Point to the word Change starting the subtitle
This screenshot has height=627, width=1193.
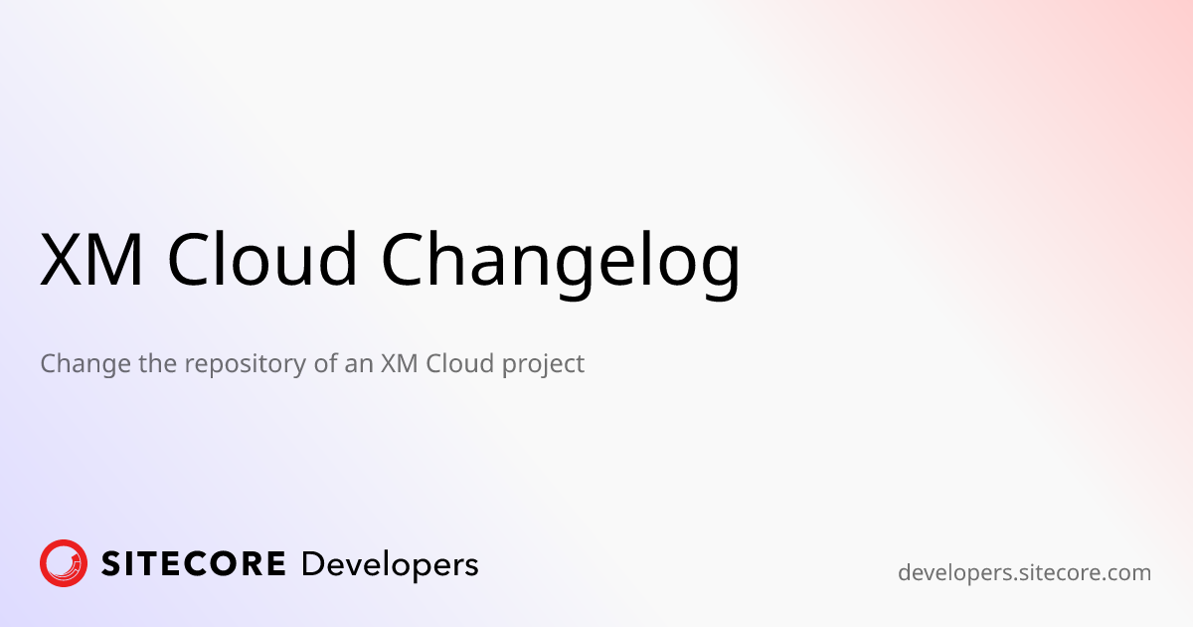85,364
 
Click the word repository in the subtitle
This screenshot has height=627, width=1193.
247,365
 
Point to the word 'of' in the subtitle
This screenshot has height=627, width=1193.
326,364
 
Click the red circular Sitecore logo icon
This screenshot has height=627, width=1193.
64,564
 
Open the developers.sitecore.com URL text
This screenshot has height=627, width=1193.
1024,573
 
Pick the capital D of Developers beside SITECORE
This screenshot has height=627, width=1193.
311,564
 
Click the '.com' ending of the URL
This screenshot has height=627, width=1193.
1127,573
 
